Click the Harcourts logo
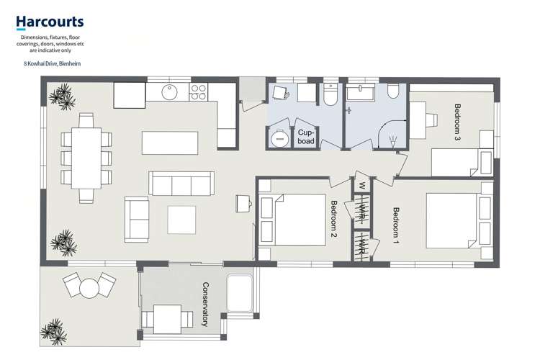coord(50,22)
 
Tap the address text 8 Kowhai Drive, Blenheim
coord(52,64)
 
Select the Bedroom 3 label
coord(457,122)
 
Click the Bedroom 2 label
coord(333,219)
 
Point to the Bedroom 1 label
coord(396,225)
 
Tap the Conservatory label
coord(205,304)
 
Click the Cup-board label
coord(306,137)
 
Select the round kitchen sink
coord(169,92)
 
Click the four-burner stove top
coord(198,92)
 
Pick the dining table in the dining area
coord(86,158)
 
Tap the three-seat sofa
coord(181,184)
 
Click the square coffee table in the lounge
coord(181,220)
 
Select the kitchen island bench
coord(170,143)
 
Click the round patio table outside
coord(89,288)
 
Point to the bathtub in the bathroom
coord(361,92)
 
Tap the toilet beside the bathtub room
coord(393,90)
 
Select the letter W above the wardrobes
coord(361,185)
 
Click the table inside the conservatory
coord(167,319)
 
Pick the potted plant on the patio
coord(55,332)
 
